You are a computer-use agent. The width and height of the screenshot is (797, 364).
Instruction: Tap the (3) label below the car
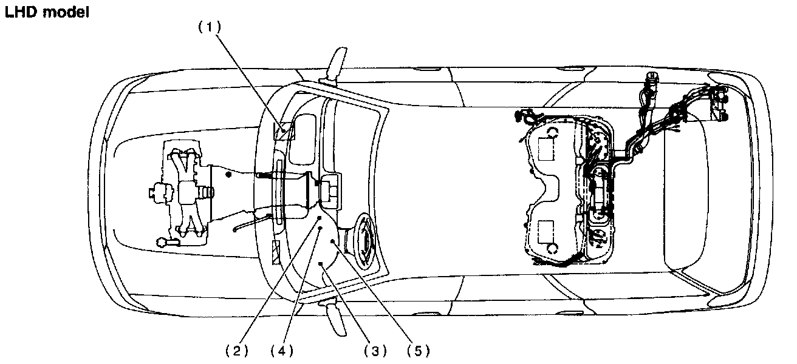(x=375, y=351)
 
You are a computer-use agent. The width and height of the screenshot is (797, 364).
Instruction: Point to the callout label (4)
(x=281, y=351)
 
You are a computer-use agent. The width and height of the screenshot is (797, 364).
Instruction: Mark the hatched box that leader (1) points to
(x=286, y=130)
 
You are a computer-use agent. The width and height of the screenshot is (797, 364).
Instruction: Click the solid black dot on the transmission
(x=228, y=175)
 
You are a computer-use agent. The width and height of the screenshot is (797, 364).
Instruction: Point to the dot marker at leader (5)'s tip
(x=333, y=242)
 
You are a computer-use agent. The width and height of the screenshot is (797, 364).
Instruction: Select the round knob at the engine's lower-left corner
(x=163, y=241)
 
